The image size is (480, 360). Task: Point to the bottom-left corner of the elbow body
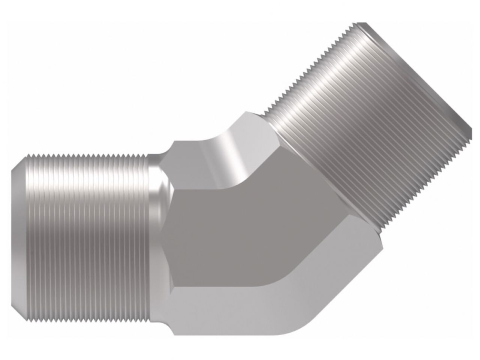coord(173,334)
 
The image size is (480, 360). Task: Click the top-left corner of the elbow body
coord(172,142)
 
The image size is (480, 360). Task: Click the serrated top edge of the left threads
coord(86,155)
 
